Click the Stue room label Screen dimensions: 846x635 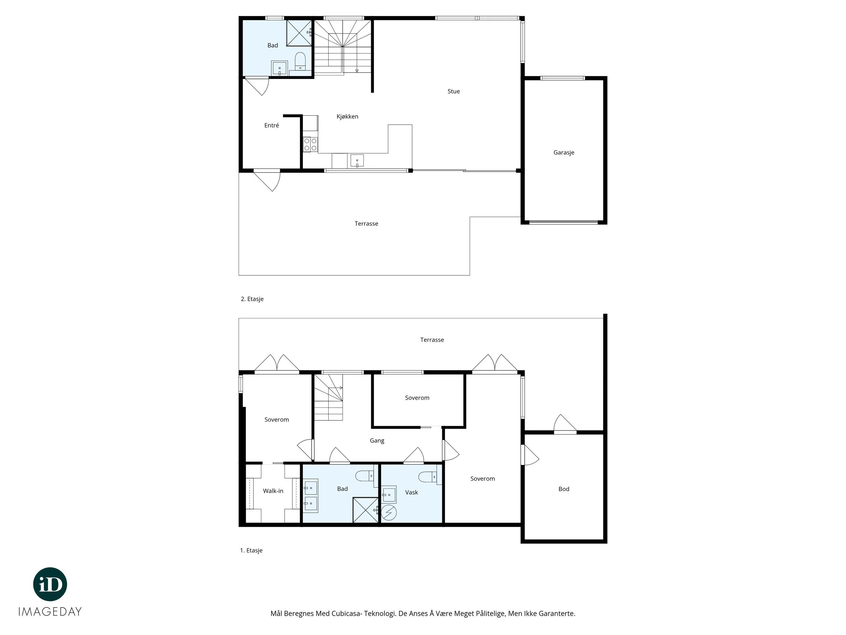pyautogui.click(x=453, y=91)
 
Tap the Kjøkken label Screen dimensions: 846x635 pyautogui.click(x=347, y=117)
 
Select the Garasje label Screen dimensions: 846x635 pyautogui.click(x=564, y=152)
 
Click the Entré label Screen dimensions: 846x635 pyautogui.click(x=271, y=125)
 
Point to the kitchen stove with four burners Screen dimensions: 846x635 pyautogui.click(x=310, y=144)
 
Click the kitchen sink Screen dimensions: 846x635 pyautogui.click(x=357, y=161)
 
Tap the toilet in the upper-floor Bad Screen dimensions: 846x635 pyautogui.click(x=300, y=62)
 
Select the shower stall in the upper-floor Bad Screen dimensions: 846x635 pyautogui.click(x=299, y=33)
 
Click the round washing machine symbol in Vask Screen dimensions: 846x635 pyautogui.click(x=389, y=512)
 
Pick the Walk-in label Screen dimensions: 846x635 pyautogui.click(x=273, y=491)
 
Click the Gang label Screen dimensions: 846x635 pyautogui.click(x=377, y=441)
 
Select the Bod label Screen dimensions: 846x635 pyautogui.click(x=564, y=489)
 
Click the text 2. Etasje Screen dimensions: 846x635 pyautogui.click(x=252, y=299)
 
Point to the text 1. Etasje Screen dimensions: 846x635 pyautogui.click(x=251, y=550)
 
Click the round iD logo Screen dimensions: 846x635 pyautogui.click(x=50, y=584)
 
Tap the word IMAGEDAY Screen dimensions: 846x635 pyautogui.click(x=50, y=612)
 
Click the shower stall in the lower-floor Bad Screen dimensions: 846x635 pyautogui.click(x=365, y=510)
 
